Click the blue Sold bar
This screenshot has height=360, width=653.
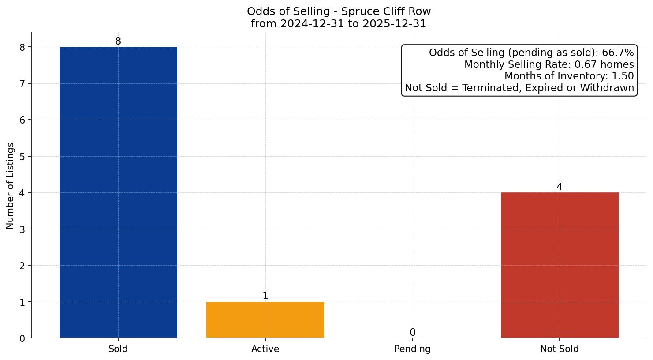click(118, 192)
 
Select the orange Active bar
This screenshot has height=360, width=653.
click(265, 320)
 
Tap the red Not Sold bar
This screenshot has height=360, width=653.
click(560, 265)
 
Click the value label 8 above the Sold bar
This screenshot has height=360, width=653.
click(118, 41)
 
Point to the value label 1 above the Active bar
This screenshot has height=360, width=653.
click(265, 296)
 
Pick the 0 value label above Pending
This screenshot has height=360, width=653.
click(413, 333)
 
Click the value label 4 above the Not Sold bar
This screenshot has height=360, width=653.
click(560, 187)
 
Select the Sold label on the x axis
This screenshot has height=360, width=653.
click(118, 349)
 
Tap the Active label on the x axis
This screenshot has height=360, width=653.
click(265, 349)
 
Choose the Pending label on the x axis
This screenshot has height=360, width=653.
click(412, 349)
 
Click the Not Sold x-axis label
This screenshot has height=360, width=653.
click(560, 349)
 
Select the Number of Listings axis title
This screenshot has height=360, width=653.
click(11, 185)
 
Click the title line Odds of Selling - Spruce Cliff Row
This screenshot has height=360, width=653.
click(339, 11)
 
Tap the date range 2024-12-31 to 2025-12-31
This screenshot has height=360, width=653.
click(339, 24)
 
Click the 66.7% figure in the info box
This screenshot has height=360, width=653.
click(618, 53)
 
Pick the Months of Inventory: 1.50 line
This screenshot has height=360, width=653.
click(569, 76)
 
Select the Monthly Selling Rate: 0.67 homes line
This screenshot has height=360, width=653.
click(549, 65)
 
